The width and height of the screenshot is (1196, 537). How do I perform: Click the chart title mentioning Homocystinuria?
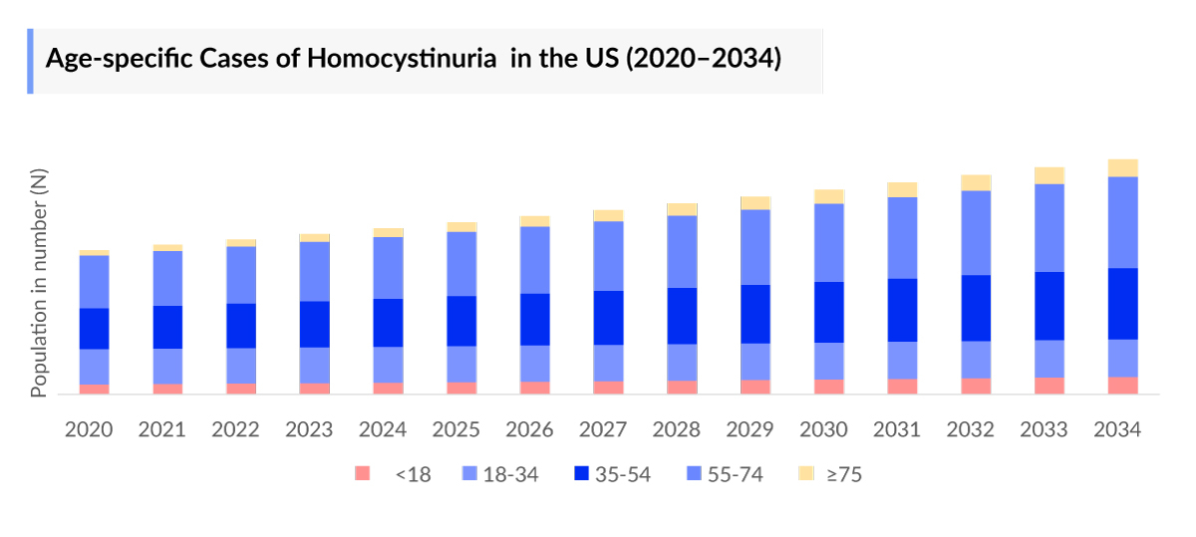(x=413, y=59)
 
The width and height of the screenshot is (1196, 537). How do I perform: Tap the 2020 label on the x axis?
(x=89, y=429)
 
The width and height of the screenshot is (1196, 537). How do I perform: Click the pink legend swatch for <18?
(x=363, y=474)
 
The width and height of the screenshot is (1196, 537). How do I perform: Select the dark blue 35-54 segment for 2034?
(x=1122, y=304)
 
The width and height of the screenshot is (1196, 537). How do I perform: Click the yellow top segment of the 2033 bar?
(x=1049, y=175)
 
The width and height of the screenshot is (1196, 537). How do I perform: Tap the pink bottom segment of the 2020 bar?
(x=95, y=389)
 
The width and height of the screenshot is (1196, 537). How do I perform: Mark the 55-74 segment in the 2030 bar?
(x=829, y=242)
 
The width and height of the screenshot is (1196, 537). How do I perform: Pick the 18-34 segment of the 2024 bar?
(x=388, y=365)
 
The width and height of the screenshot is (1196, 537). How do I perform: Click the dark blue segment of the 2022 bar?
(x=241, y=326)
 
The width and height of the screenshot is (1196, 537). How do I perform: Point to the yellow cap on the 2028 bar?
(x=682, y=209)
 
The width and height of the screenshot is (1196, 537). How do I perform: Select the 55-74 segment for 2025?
(x=461, y=264)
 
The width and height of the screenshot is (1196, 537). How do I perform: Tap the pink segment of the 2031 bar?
(x=902, y=387)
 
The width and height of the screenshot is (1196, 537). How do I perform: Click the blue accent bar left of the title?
(x=30, y=61)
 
